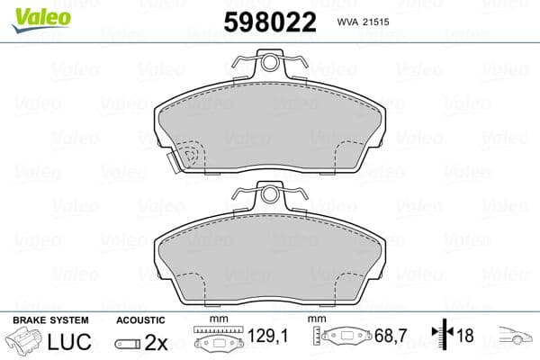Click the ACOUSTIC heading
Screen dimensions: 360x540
(140, 320)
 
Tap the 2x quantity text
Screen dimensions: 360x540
(156, 342)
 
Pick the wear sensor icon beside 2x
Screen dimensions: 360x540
(127, 343)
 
